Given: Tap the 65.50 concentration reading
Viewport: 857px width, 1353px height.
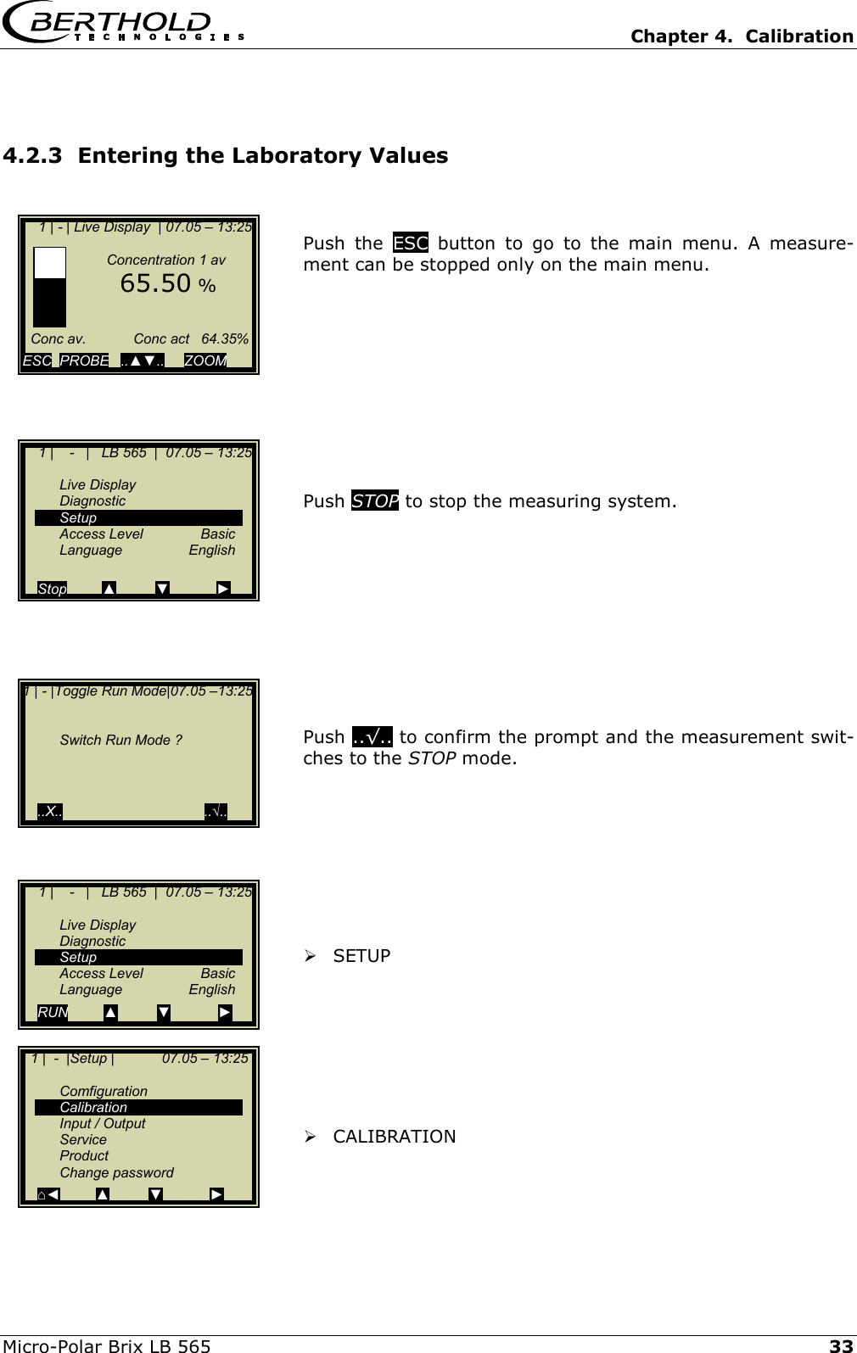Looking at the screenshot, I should coord(155,283).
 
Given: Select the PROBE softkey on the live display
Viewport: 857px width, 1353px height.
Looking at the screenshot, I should coord(84,361).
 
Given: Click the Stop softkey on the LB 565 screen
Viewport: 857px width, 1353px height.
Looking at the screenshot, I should coord(52,589).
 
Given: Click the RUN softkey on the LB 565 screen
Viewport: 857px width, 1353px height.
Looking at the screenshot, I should coord(53,1012).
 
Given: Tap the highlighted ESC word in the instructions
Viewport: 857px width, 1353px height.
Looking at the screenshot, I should coord(411,243).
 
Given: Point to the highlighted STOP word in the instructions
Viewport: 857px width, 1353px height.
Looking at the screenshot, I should coord(374,500).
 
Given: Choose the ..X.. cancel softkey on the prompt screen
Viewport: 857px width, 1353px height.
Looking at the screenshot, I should coord(50,811).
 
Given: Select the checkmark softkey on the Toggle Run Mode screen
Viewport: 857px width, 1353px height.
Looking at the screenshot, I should coord(216,811).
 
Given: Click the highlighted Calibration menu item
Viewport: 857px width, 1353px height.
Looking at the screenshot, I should coord(93,1107).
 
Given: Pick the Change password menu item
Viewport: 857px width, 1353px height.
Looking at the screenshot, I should coord(116,1172).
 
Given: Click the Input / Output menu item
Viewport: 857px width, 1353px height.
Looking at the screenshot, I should coord(102,1123).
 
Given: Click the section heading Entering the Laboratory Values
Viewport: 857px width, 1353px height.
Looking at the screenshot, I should coord(226,156).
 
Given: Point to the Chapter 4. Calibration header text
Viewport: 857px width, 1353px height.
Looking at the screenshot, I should coord(742,36).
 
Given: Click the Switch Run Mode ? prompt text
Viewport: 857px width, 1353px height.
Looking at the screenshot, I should coord(120,740).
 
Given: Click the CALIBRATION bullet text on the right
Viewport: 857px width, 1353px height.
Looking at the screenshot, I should coord(394,1136).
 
